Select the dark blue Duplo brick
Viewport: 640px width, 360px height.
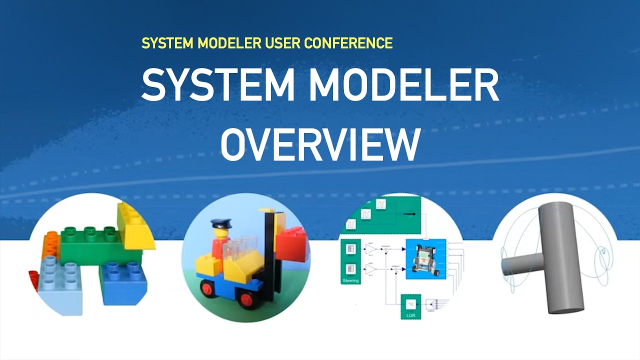(x=122, y=285)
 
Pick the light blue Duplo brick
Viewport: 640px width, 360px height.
(x=62, y=285)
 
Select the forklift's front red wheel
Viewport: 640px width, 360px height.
(x=245, y=299)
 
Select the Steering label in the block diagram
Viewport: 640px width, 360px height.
(x=350, y=281)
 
